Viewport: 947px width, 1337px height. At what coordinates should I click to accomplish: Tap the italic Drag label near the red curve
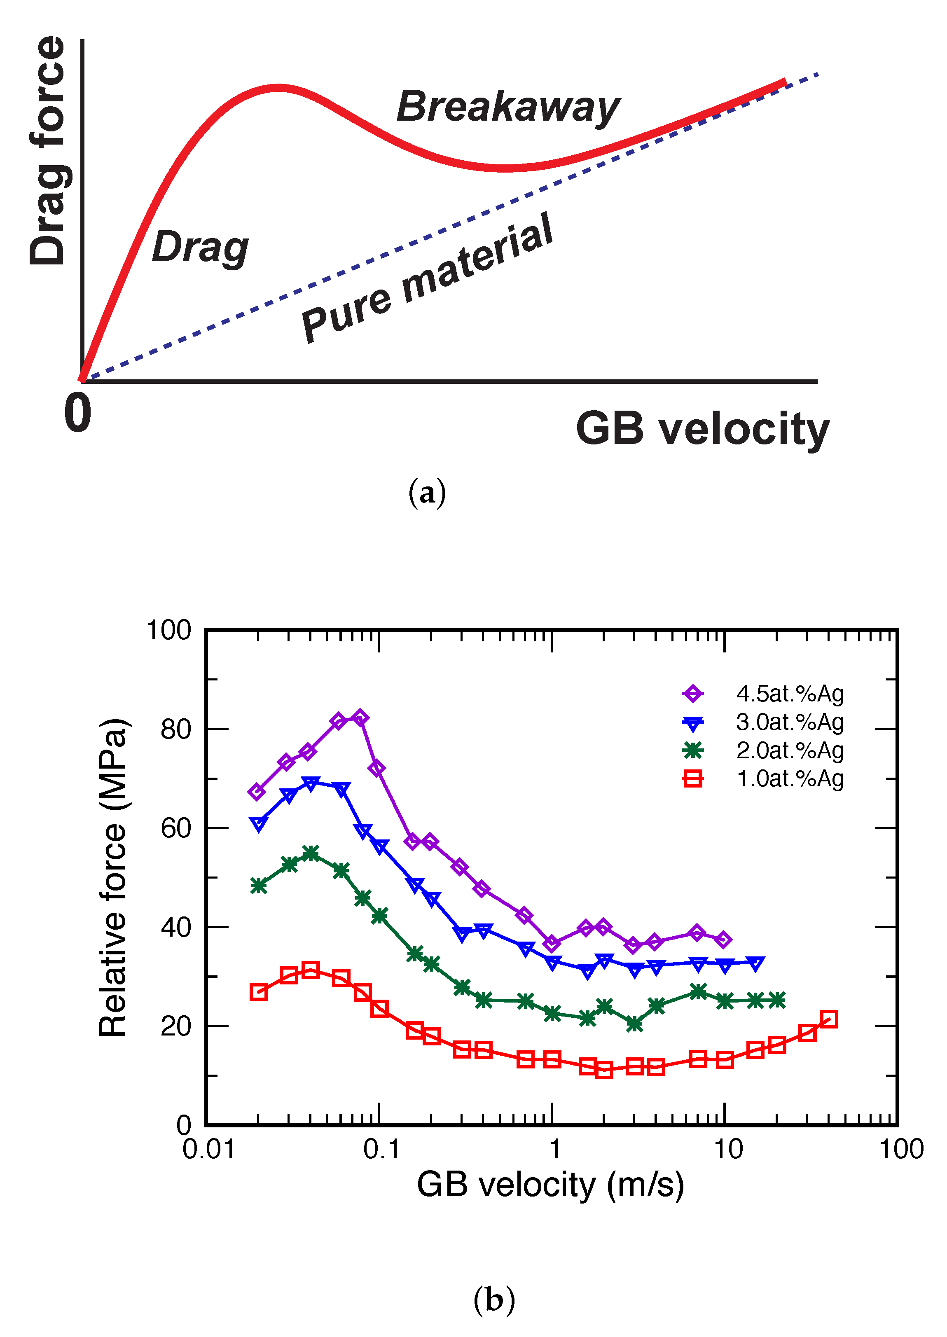tap(200, 247)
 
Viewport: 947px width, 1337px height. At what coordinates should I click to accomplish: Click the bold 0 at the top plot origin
tap(77, 412)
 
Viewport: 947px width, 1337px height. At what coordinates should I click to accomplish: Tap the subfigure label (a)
tap(427, 493)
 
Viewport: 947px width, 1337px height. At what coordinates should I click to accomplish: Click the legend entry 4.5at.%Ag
tap(790, 694)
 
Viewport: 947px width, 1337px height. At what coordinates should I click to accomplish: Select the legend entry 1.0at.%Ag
tap(790, 778)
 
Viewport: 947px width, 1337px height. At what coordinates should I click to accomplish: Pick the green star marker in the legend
tap(693, 750)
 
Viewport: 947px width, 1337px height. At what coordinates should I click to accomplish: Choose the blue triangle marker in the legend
tap(693, 723)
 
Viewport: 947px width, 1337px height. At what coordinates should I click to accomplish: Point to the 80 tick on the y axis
tap(175, 729)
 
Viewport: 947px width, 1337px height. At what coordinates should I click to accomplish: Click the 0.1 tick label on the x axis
tap(381, 1149)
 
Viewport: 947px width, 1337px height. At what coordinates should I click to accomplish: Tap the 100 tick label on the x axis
tap(901, 1149)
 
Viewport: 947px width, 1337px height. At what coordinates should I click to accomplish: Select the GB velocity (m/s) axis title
tap(550, 1185)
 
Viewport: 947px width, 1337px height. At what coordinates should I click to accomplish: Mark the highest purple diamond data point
tap(360, 718)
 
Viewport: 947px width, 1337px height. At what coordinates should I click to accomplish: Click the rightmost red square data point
tap(829, 1019)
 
